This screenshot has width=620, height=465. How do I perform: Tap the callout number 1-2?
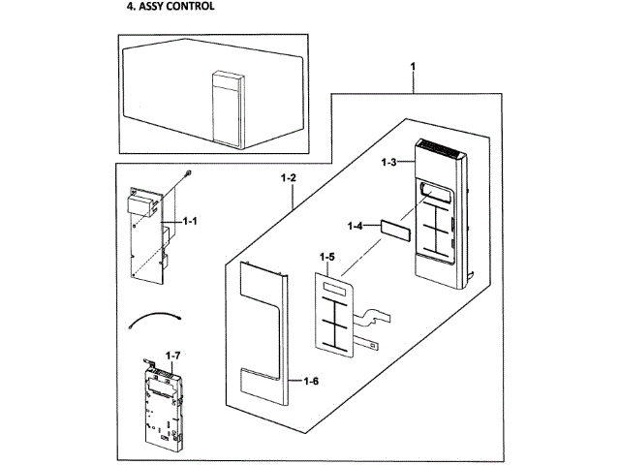tap(288, 179)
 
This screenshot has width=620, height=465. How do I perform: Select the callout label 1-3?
tap(388, 163)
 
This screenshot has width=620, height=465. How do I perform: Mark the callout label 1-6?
tap(311, 380)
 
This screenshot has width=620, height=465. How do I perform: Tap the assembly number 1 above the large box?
tap(413, 66)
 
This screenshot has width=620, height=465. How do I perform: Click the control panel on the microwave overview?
tap(224, 107)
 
